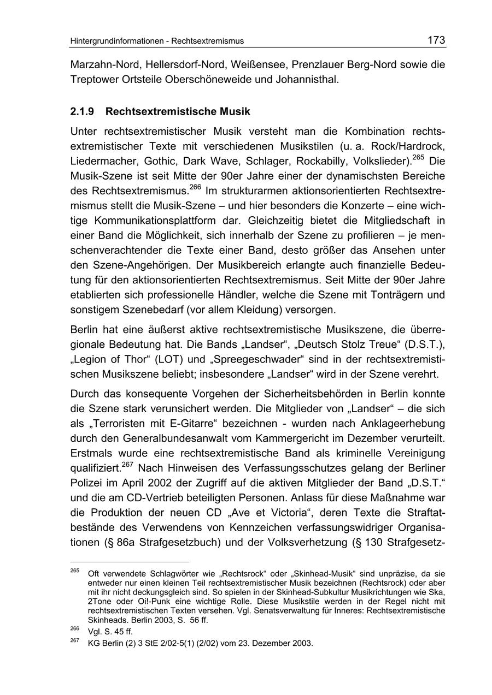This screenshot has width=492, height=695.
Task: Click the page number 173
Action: point(436,40)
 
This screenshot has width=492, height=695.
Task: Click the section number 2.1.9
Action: point(82,111)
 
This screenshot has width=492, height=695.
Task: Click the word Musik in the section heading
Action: point(236,111)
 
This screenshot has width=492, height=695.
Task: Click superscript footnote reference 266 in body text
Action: point(195,188)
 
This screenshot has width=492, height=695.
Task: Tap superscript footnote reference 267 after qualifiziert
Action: point(127,465)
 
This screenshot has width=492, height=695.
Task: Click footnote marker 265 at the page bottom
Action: point(75,571)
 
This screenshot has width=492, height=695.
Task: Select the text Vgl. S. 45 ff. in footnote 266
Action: point(110,632)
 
